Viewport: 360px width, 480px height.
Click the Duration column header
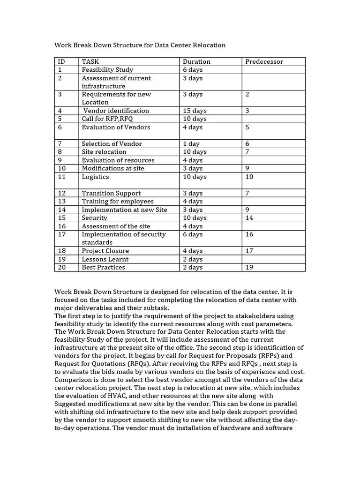pos(196,61)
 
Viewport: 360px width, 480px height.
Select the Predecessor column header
pos(264,61)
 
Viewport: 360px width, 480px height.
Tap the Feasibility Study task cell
pos(107,70)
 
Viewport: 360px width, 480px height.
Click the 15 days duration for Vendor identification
pos(195,111)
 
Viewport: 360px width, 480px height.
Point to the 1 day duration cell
pos(191,144)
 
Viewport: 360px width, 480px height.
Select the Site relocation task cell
pos(104,152)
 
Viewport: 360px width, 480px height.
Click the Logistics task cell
pos(95,177)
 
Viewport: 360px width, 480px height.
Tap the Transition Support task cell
pos(111,193)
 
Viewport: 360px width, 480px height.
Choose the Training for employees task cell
pos(118,202)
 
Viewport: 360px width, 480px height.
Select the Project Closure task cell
pos(105,251)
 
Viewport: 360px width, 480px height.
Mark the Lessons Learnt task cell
pos(105,259)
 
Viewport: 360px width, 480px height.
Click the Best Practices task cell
pos(103,267)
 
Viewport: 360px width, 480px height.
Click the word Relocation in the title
pos(209,45)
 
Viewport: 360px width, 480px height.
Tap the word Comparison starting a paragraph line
pos(74,380)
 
